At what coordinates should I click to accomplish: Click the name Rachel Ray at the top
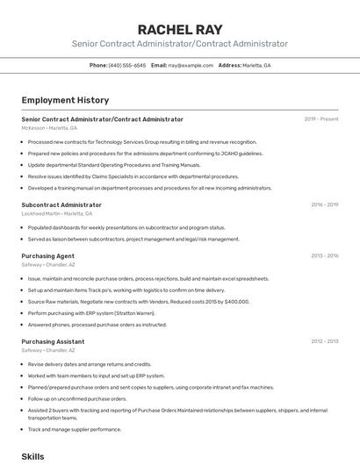(180, 29)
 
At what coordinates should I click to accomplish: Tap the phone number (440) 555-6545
(127, 65)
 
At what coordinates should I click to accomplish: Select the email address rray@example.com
(191, 65)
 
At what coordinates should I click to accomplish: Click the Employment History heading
(65, 100)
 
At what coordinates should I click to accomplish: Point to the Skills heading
(32, 457)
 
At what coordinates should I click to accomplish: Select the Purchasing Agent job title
(47, 255)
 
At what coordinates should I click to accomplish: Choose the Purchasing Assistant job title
(53, 341)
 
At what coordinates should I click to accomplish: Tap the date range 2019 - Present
(320, 118)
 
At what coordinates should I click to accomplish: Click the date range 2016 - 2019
(323, 204)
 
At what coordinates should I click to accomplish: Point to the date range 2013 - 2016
(323, 255)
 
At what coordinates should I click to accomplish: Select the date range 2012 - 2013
(323, 341)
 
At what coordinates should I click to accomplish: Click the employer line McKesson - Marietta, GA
(49, 128)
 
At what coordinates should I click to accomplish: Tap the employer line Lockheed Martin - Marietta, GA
(59, 213)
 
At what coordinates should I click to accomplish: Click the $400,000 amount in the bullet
(236, 301)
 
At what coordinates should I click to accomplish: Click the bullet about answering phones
(97, 324)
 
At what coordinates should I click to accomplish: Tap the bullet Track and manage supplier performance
(75, 429)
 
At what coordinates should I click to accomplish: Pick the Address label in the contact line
(229, 65)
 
